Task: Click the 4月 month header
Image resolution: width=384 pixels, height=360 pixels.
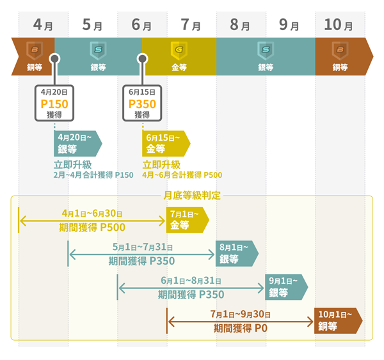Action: coord(43,26)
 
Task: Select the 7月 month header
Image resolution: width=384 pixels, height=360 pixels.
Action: coord(191,26)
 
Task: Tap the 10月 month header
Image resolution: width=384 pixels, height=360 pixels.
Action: coord(339,26)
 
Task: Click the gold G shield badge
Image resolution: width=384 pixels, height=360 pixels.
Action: coord(179,49)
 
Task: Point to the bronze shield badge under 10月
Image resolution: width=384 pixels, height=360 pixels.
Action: coord(340,49)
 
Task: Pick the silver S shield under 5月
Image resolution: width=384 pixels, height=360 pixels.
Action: coord(98,49)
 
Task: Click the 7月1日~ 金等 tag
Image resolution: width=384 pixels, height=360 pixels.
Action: coord(186,219)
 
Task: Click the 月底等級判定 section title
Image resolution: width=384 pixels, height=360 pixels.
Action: coord(192,196)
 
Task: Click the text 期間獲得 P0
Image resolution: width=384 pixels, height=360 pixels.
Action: coord(240,327)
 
